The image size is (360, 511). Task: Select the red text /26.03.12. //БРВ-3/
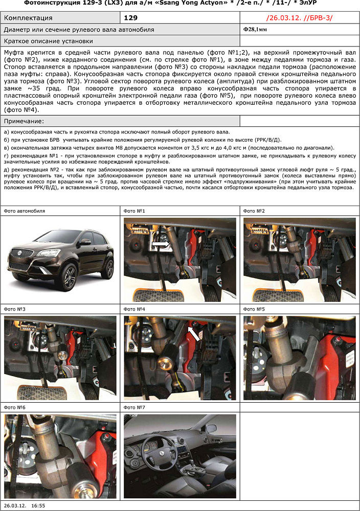tap(299, 18)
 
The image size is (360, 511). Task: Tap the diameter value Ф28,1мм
tap(255, 30)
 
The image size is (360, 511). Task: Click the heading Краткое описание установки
tap(48, 41)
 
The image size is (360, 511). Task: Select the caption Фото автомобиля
tap(24, 211)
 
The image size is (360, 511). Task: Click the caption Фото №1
tap(134, 211)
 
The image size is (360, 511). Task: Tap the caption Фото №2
tap(254, 211)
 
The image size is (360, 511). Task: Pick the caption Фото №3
tap(15, 309)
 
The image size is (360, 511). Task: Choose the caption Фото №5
tap(254, 309)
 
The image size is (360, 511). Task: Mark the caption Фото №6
tap(15, 407)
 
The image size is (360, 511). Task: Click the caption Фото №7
tap(134, 407)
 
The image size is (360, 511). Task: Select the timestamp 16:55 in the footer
tap(38, 505)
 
